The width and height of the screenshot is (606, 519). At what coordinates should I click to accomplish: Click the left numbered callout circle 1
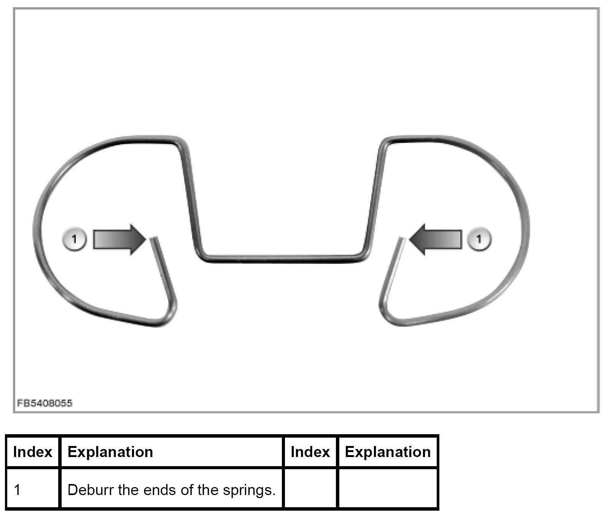click(74, 239)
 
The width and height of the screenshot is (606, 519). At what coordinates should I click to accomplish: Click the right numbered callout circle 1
click(479, 239)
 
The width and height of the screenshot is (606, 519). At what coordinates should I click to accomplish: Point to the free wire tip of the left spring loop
click(153, 239)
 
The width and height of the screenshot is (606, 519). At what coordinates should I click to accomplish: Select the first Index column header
click(33, 452)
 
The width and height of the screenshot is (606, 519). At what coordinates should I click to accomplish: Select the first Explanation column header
click(110, 452)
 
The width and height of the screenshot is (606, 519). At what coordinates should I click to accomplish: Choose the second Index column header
click(310, 452)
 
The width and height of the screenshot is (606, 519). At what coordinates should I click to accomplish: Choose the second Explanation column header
click(388, 452)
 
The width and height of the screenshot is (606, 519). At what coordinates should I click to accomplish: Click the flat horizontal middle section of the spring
click(282, 259)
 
